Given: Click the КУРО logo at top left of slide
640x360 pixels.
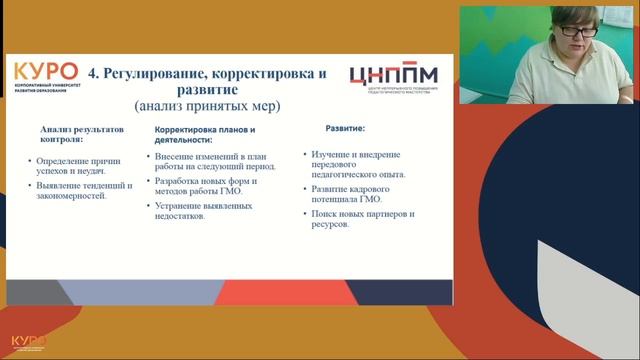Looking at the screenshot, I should [x=45, y=75].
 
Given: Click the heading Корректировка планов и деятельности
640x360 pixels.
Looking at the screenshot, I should [x=205, y=136].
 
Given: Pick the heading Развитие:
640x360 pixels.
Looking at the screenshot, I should [x=345, y=129].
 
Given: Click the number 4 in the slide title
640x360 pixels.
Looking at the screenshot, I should [x=94, y=73].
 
